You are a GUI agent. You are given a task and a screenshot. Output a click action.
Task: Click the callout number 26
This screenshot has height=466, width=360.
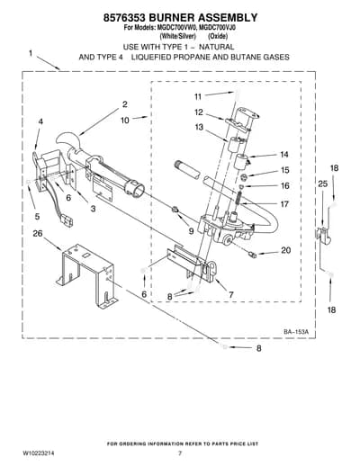click(38, 233)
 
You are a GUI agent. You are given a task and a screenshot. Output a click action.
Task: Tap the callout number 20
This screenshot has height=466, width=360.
click(286, 250)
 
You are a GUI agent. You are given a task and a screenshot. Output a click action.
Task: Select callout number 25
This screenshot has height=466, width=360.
click(323, 184)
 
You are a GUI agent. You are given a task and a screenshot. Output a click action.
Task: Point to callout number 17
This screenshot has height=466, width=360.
click(284, 204)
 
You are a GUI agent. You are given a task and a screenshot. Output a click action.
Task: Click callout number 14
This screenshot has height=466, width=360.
click(283, 155)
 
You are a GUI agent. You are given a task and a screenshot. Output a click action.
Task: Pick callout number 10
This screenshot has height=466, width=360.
click(125, 121)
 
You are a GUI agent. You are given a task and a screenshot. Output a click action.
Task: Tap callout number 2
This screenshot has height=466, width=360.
click(125, 104)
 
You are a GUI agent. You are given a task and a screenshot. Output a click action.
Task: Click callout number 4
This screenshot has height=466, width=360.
click(40, 121)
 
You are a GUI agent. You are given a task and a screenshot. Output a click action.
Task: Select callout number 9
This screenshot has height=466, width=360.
click(191, 231)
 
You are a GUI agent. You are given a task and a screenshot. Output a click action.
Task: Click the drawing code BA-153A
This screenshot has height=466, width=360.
click(296, 332)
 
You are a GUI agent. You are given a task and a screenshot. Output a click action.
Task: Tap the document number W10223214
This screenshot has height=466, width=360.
click(35, 453)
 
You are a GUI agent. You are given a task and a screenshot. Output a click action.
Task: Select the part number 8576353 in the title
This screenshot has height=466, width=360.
click(124, 18)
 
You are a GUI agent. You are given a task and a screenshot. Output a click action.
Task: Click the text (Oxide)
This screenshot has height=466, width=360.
click(218, 36)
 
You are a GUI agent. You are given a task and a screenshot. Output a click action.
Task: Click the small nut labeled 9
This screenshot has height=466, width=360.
click(175, 211)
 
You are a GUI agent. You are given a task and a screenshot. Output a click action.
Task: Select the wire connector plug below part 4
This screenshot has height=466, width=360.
click(67, 222)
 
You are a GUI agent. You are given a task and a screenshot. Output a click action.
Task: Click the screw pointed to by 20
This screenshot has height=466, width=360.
click(253, 255)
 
